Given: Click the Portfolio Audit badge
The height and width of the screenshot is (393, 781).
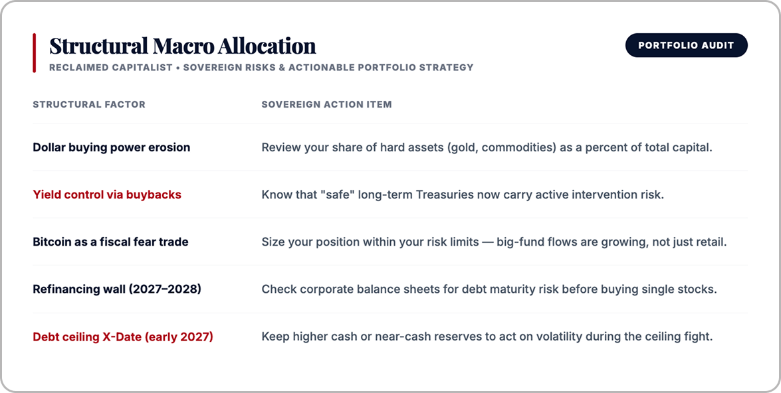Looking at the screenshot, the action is (x=687, y=45).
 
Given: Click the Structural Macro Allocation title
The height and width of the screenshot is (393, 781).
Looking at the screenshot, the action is (x=182, y=46).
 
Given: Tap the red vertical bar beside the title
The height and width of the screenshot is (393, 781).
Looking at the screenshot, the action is (x=35, y=52).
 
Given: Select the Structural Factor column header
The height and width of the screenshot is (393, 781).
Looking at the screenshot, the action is (x=89, y=104).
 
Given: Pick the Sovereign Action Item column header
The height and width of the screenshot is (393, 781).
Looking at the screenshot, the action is (x=327, y=104).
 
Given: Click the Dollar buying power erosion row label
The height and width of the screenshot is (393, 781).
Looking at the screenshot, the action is (x=112, y=147).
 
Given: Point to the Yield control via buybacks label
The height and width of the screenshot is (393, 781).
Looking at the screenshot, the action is (x=107, y=195).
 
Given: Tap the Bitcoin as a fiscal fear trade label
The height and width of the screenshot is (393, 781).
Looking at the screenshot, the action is (x=110, y=242).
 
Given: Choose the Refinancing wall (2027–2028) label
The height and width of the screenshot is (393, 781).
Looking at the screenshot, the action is (x=117, y=289).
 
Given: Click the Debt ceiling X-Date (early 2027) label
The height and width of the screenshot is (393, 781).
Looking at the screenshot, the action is (x=123, y=337).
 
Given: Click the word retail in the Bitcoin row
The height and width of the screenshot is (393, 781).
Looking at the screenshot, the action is (x=712, y=242).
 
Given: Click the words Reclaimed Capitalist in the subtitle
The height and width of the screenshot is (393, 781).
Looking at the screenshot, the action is (x=110, y=67).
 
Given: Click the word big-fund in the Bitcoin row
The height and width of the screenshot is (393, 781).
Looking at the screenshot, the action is (x=518, y=242).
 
